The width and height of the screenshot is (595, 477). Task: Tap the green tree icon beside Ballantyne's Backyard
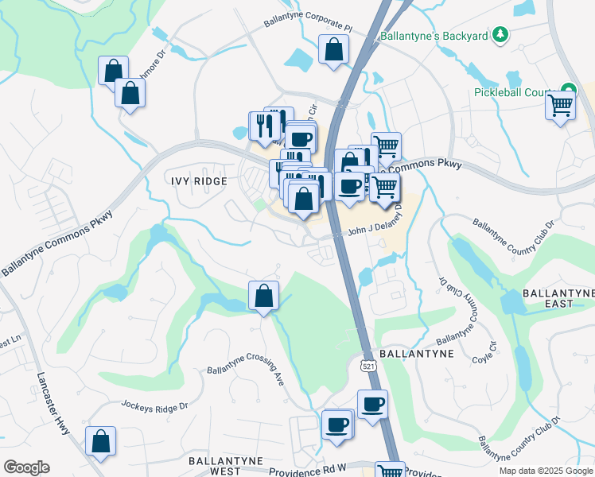click(500, 34)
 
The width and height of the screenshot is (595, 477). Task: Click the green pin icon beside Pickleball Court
click(568, 90)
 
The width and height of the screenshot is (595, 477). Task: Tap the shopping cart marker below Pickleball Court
click(561, 106)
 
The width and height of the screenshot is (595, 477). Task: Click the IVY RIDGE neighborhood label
click(199, 181)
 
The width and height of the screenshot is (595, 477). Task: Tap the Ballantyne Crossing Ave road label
click(245, 366)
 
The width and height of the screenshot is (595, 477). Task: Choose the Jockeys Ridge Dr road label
click(154, 405)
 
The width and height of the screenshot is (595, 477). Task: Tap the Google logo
click(26, 467)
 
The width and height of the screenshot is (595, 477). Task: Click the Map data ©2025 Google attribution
click(546, 471)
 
